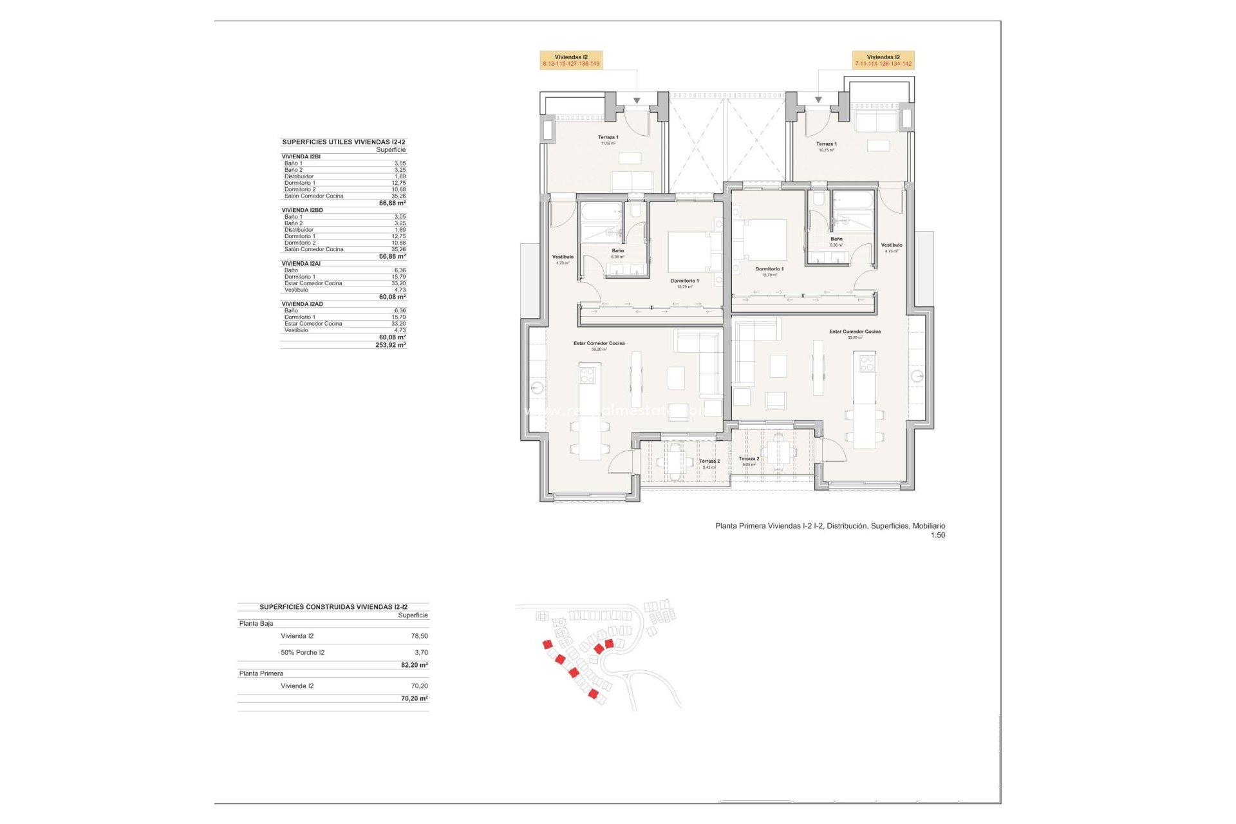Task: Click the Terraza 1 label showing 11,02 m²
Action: coord(608,140)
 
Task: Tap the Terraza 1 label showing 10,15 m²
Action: coord(826,147)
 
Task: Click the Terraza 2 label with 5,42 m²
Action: coord(709,464)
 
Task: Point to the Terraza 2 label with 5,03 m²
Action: coord(749,461)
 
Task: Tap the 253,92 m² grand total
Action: coord(390,345)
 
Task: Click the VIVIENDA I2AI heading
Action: coord(301,263)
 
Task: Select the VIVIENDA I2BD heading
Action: coord(302,210)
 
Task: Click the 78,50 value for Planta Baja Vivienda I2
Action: coord(419,636)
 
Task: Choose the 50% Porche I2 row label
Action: coord(303,653)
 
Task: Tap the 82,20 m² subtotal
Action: coord(414,665)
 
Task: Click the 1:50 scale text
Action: coord(937,535)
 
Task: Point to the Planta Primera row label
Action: coord(261,673)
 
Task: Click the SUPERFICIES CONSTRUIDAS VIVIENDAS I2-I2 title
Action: coord(333,607)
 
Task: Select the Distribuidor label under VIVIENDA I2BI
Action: coord(299,176)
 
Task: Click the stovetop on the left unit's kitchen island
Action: coord(587,374)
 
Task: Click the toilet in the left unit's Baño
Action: coord(635,210)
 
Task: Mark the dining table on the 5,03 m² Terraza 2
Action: coord(778,452)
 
